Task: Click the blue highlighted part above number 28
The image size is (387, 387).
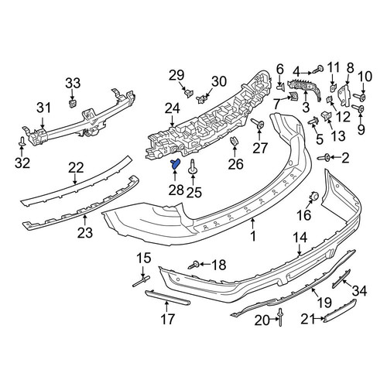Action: click(x=175, y=164)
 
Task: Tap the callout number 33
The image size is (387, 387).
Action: click(x=73, y=84)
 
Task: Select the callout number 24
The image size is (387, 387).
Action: click(x=173, y=109)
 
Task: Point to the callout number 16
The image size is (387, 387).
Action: click(x=304, y=215)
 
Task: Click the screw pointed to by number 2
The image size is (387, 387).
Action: click(x=324, y=157)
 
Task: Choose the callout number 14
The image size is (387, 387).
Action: click(x=300, y=238)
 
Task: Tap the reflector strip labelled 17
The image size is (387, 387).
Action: click(x=167, y=297)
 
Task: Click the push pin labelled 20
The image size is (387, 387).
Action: click(x=280, y=317)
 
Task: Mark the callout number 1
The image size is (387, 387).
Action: click(x=253, y=236)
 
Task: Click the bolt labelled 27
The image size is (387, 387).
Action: click(x=257, y=124)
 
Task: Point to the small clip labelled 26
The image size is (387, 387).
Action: click(x=234, y=141)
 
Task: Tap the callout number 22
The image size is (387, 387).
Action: click(x=76, y=168)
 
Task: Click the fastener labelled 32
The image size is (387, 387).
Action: click(x=22, y=142)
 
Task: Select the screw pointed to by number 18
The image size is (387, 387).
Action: click(x=194, y=265)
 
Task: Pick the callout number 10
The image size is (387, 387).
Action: click(x=365, y=77)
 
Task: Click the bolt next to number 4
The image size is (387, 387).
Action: click(x=318, y=70)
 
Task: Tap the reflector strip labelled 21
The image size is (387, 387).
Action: click(x=340, y=311)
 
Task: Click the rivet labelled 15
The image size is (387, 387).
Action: click(x=142, y=281)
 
